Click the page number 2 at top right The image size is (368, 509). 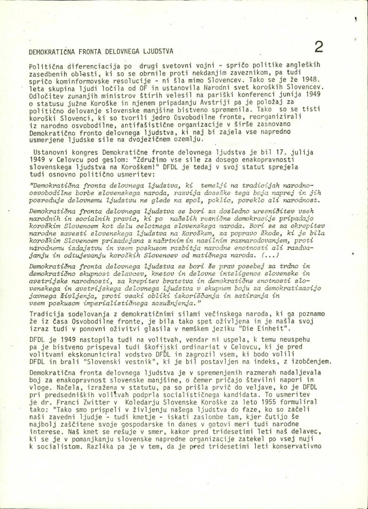coord(319,48)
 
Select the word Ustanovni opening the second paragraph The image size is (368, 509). coord(49,152)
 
